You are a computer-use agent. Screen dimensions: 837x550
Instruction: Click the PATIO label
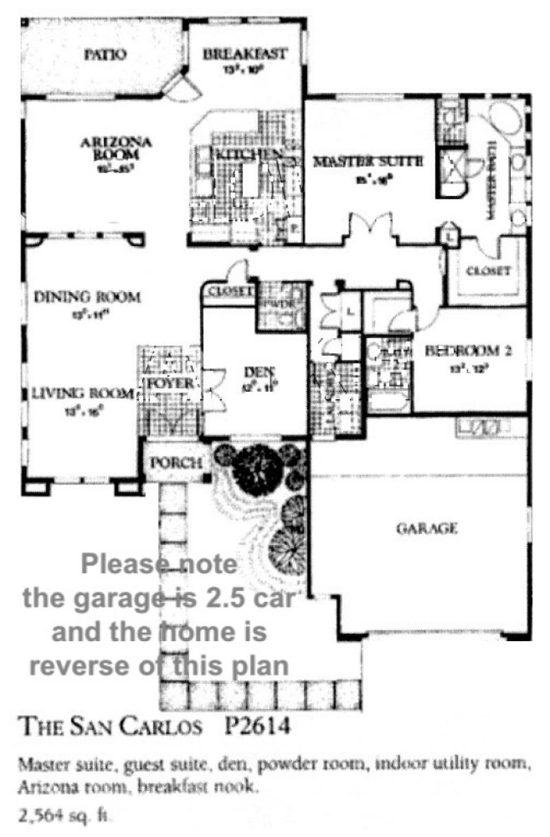pos(105,54)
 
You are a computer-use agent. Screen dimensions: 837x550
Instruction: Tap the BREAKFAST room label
pos(245,54)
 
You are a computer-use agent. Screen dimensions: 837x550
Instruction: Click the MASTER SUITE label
pos(367,163)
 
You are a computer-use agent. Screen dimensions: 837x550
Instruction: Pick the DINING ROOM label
pos(87,298)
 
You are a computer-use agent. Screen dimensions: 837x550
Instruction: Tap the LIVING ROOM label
pos(82,394)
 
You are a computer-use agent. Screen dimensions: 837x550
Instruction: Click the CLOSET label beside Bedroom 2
pos(488,271)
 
